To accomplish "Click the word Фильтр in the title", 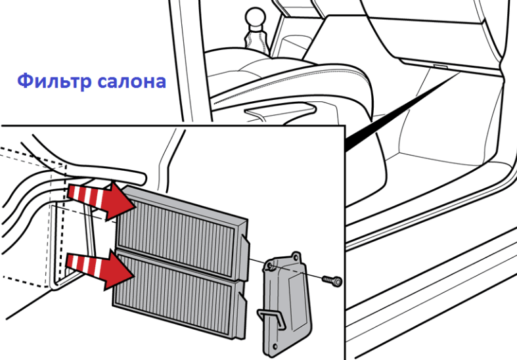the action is tap(54, 81).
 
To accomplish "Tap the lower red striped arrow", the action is tap(100, 269).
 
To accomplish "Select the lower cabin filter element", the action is tap(180, 294).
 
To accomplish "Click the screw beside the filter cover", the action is tap(332, 281).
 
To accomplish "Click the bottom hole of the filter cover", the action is tap(275, 346).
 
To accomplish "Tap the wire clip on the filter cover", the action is tap(271, 318).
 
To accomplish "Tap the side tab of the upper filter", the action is tap(245, 257).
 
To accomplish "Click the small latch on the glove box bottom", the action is tap(439, 66).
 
